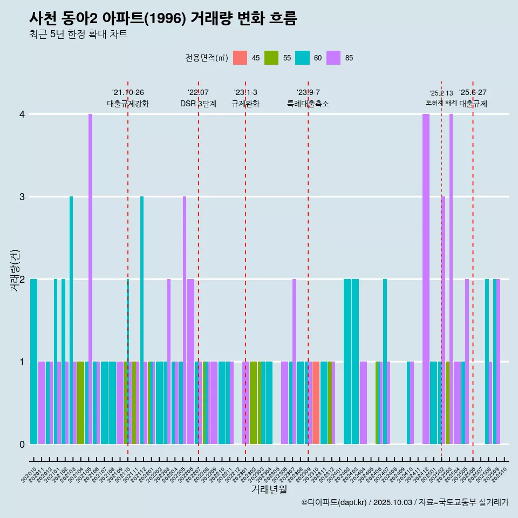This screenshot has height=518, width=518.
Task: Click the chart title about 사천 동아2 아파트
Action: tap(163, 18)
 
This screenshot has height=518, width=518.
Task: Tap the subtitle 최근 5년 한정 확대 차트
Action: tap(78, 35)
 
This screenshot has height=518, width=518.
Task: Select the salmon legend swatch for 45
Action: tap(240, 58)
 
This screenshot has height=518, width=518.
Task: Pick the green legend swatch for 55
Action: tap(271, 58)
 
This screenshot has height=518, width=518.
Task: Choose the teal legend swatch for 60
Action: tap(303, 58)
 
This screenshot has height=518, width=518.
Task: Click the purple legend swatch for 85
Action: tap(333, 58)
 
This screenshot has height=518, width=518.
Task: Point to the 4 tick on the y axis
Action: tap(22, 114)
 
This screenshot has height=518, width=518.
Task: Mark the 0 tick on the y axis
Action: tap(22, 445)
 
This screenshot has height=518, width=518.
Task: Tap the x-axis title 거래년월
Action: tap(269, 489)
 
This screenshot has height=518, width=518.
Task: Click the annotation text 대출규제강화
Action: tap(128, 104)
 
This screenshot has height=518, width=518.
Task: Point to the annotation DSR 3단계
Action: tap(198, 104)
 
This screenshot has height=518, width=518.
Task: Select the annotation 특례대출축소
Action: tap(308, 104)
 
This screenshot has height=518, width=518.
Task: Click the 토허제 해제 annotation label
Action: tap(441, 102)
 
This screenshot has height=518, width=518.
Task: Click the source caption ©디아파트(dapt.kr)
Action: tap(335, 502)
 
